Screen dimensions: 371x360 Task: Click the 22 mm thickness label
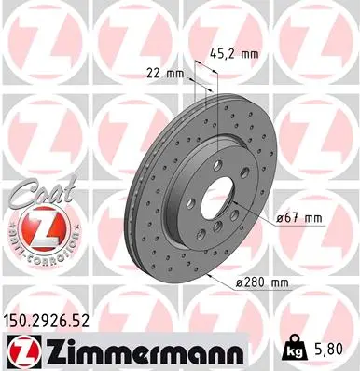(161, 73)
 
